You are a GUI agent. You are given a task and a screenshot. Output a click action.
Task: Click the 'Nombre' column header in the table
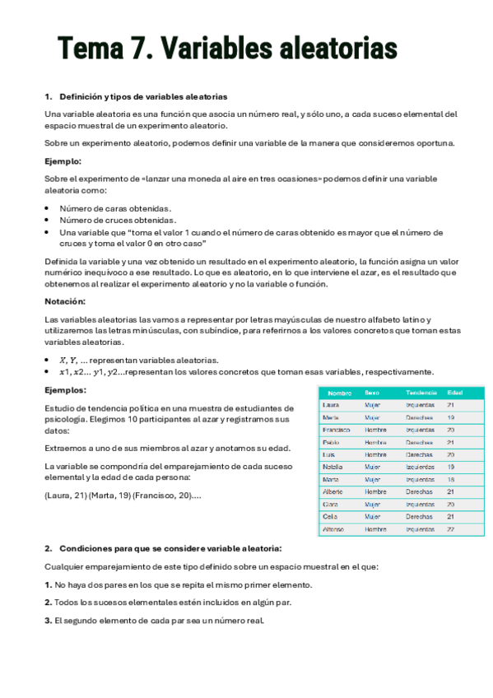pos(339,393)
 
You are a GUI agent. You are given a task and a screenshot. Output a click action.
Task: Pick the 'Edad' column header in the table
pos(455,393)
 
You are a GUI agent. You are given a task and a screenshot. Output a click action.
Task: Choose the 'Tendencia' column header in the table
pos(421,393)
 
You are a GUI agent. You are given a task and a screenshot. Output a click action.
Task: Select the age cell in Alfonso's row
pos(451,529)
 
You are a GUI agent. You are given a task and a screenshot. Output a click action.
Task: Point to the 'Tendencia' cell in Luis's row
pos(420,454)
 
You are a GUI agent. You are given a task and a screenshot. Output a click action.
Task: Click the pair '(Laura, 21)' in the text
pos(65,495)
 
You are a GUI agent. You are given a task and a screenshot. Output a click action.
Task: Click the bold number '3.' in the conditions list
pos(49,621)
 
